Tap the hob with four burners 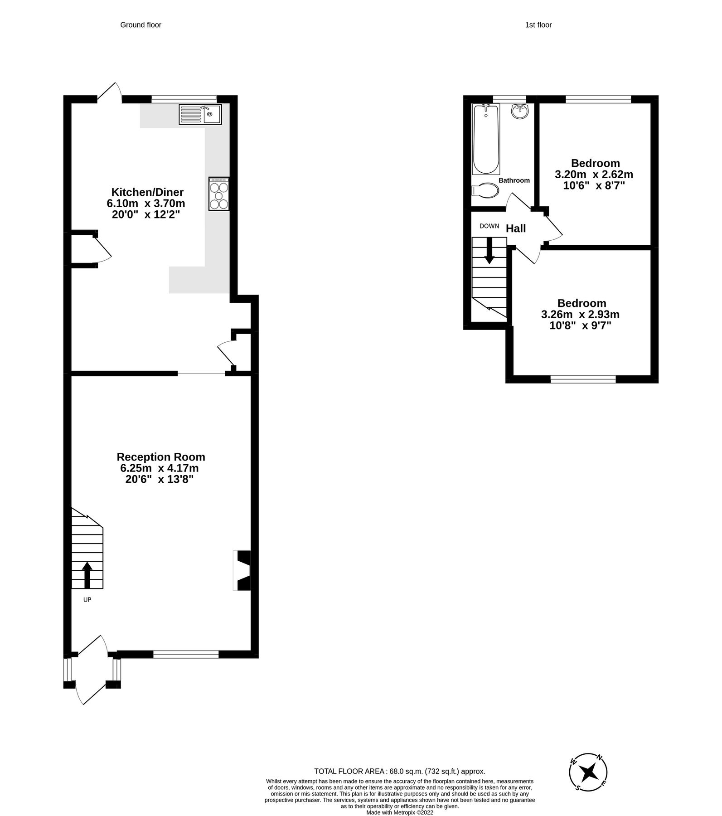point(219,194)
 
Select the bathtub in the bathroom point(486,139)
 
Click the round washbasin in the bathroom point(520,111)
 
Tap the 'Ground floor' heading point(141,25)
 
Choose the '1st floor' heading point(538,25)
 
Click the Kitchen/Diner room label point(148,192)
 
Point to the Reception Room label point(161,457)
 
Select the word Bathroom point(514,180)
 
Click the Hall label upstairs point(516,228)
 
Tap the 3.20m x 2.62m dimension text point(594,175)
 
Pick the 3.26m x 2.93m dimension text point(580,315)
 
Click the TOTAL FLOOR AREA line point(400,771)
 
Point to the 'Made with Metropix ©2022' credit point(400,813)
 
